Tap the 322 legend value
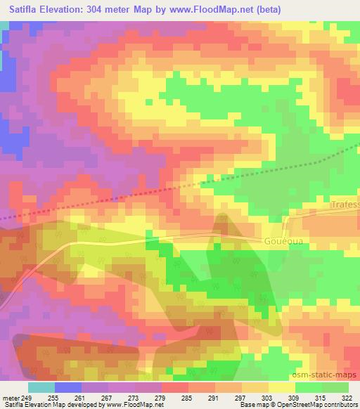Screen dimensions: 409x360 346,397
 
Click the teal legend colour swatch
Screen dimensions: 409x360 41,387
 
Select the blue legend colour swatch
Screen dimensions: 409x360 68,387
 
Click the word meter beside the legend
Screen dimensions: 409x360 11,397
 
